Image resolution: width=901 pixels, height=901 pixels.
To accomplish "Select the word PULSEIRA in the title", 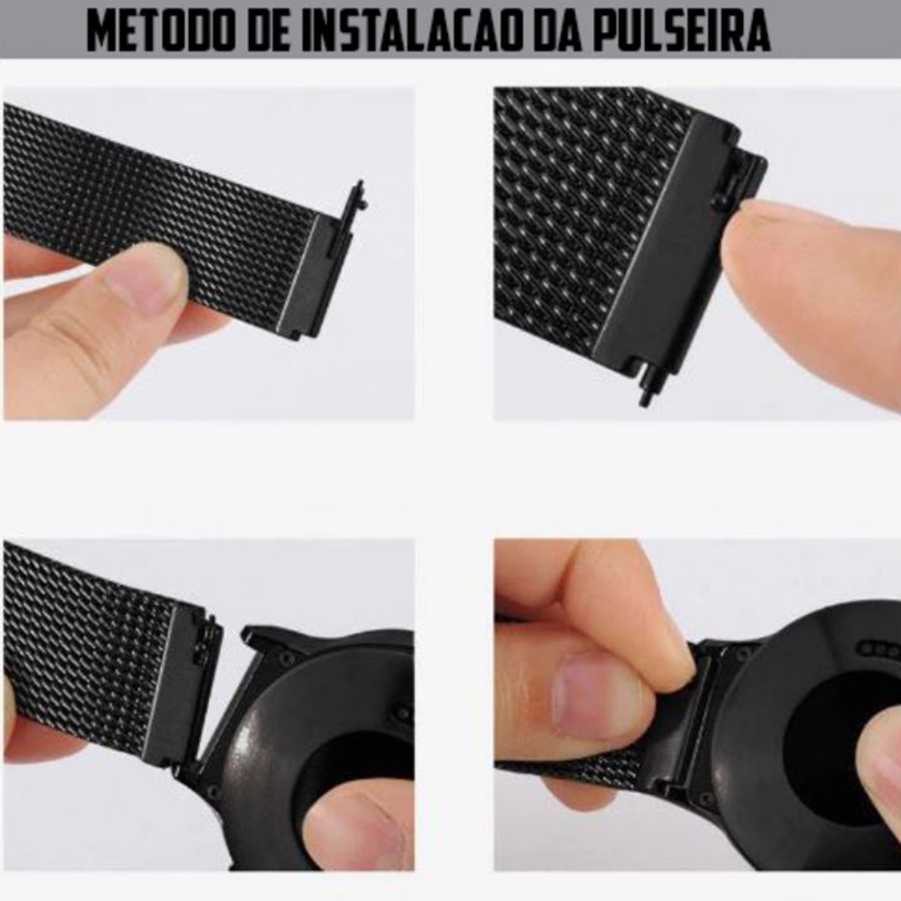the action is [x=681, y=29].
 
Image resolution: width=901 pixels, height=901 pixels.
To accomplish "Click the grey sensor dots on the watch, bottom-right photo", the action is [x=879, y=650].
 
